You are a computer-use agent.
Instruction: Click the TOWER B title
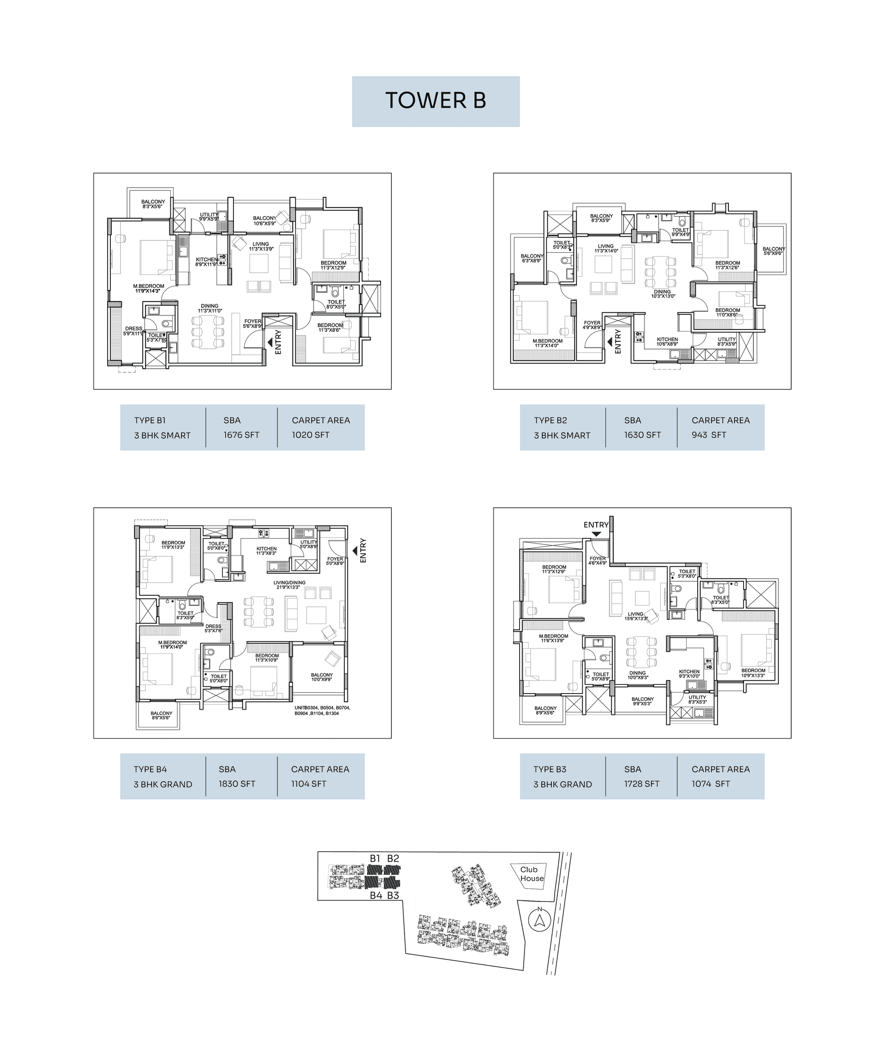click(x=435, y=100)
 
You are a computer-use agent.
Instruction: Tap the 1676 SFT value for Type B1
click(x=241, y=435)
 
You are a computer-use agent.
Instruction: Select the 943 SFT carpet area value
click(x=708, y=435)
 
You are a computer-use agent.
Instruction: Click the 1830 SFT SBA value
click(x=237, y=784)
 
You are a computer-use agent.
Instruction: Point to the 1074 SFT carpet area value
click(x=710, y=784)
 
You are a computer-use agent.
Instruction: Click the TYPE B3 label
click(x=550, y=769)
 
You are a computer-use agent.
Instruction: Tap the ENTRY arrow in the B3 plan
click(x=596, y=534)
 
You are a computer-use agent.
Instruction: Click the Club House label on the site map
click(x=531, y=874)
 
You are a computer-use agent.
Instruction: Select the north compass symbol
click(x=539, y=920)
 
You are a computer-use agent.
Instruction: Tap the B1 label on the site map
click(x=375, y=858)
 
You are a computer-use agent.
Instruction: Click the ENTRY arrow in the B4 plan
click(x=355, y=550)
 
